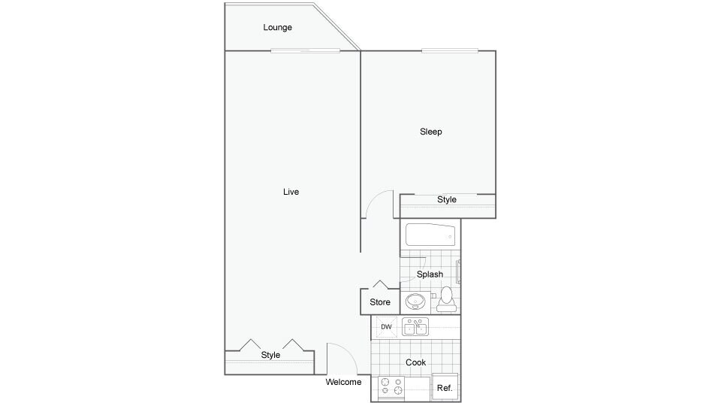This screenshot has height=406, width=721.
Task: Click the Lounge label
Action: point(277,28)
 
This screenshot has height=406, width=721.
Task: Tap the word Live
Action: point(291,192)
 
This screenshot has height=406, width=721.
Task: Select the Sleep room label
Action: point(430,132)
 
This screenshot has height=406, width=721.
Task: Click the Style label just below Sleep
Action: point(447,200)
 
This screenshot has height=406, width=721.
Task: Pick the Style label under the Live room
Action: point(270,355)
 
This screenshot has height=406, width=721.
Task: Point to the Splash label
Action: point(430,274)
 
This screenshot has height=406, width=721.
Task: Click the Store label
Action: point(380,302)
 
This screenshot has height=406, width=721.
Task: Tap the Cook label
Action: point(415,362)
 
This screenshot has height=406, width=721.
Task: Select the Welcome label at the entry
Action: point(343,382)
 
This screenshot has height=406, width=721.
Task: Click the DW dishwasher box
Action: point(386,327)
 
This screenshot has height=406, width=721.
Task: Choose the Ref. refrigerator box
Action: point(445,387)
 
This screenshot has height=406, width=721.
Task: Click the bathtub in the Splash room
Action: point(430,235)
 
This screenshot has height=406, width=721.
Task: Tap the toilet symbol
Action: point(447,298)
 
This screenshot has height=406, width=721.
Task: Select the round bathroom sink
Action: point(415,302)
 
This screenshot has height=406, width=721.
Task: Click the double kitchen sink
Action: point(415,326)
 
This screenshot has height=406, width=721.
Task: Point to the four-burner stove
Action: point(391,386)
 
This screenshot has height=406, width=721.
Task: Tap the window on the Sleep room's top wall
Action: point(450,50)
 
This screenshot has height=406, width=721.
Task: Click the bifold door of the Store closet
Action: point(380,285)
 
